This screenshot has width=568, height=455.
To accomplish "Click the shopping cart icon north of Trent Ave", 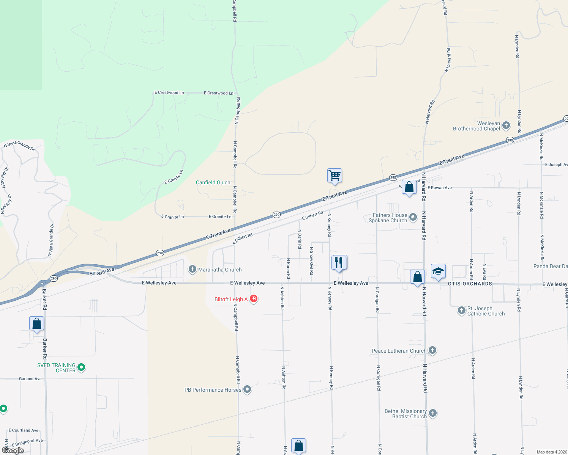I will coord(334,176).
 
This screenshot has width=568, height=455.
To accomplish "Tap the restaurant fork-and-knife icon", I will coord(339,262).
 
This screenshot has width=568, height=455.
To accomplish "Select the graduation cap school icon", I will coord(438,271).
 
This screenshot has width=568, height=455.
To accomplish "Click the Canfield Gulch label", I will coord(213,182).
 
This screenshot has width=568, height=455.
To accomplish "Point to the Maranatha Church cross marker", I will coord(192,270).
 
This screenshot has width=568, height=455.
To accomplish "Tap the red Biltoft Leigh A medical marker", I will coord(254,299).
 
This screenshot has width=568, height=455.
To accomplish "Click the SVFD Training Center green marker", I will coord(81,367).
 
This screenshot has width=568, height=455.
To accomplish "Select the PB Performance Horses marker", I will coord(247,389).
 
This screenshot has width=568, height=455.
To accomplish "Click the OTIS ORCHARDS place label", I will coord(470,284).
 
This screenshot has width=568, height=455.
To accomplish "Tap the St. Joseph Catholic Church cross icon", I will coord(461,311).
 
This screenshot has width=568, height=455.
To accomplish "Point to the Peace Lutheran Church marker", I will coord(432,350).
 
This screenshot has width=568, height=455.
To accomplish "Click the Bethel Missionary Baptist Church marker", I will coord(433,413).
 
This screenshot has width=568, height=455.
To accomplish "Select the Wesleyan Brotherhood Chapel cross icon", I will coord(506,125).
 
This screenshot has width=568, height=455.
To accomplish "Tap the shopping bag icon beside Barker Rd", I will coord(36,324).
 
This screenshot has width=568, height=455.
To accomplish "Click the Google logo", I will coord(13,450).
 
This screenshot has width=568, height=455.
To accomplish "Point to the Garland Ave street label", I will coord(30,379).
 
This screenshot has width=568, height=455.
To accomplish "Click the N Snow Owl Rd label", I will coord(311,261).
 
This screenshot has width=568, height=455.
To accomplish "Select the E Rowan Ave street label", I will coord(440,188).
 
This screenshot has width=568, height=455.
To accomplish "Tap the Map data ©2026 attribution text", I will coord(550,452).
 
